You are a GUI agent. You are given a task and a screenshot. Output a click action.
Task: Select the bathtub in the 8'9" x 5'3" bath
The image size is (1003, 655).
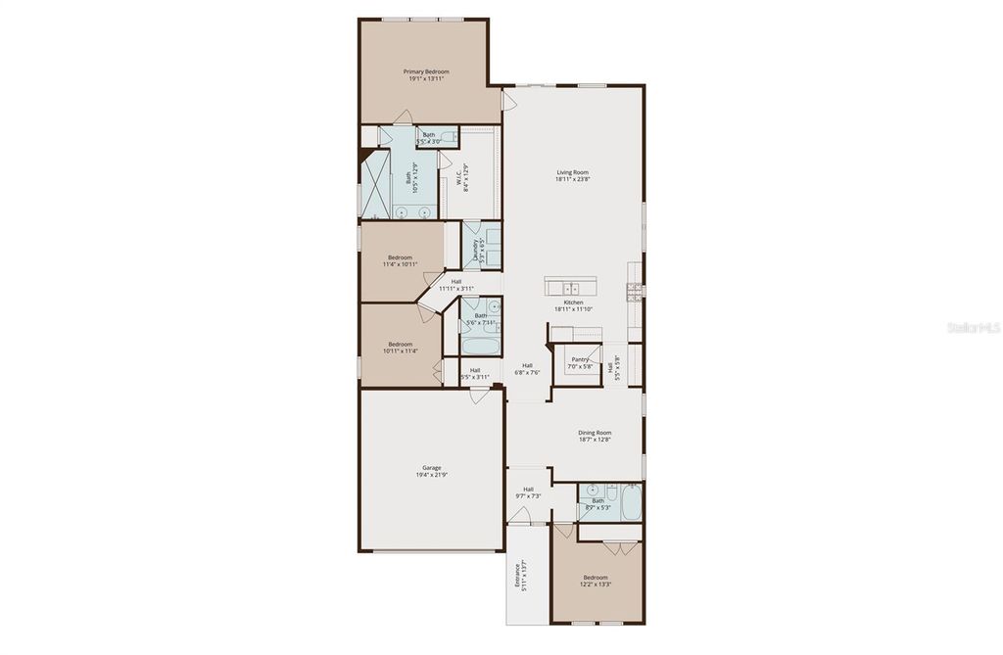coord(632,504)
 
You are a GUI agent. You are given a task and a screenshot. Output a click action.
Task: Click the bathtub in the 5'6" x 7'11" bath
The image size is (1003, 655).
coord(480,346)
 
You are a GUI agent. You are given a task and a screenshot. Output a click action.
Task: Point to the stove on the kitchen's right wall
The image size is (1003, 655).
coord(637,290)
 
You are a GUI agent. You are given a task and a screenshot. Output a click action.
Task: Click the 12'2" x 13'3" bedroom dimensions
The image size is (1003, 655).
coord(596,585)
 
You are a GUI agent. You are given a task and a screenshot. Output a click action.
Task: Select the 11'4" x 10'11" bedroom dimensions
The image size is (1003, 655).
coord(400,264)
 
